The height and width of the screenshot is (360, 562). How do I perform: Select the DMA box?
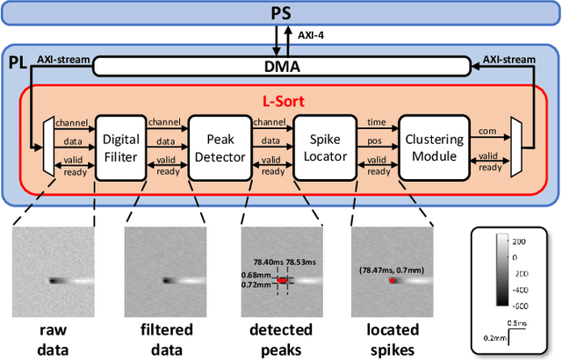coord(281,65)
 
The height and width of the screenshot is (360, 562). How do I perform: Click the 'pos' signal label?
coord(373,140)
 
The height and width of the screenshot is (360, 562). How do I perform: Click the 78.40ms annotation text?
coord(263,262)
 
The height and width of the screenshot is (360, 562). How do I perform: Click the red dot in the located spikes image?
coord(392,281)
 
